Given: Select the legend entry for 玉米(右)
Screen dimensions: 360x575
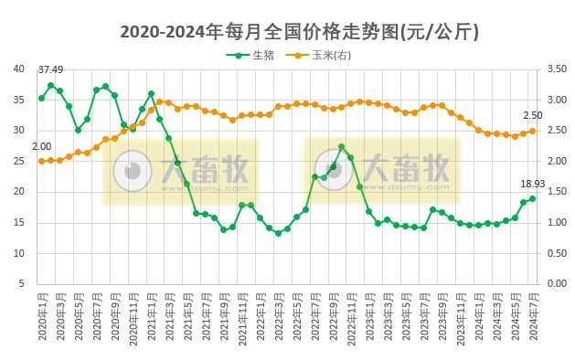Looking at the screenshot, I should click(x=325, y=56).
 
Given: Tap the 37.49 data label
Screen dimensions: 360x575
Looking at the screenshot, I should click(x=50, y=70).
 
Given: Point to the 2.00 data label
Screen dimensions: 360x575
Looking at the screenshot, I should click(x=41, y=146).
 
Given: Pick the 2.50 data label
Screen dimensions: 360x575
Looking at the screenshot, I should click(x=532, y=115).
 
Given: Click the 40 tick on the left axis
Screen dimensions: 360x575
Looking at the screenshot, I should click(x=19, y=69).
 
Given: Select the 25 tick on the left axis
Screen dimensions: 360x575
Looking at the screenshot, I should click(x=19, y=161).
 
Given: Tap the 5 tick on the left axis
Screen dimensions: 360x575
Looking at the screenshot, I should click(x=22, y=284).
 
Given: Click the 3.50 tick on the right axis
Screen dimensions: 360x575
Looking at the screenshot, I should click(x=555, y=69).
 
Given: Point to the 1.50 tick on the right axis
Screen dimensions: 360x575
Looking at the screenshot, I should click(x=555, y=192).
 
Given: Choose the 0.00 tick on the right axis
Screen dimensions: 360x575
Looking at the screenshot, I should click(x=555, y=284).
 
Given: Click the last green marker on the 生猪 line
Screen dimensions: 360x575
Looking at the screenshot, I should click(x=533, y=198).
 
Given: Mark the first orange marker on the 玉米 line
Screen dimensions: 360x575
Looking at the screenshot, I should click(x=41, y=161).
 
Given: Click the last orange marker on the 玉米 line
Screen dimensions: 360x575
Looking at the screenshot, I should click(x=533, y=131).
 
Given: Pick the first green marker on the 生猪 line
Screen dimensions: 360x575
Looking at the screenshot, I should click(x=41, y=98).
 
